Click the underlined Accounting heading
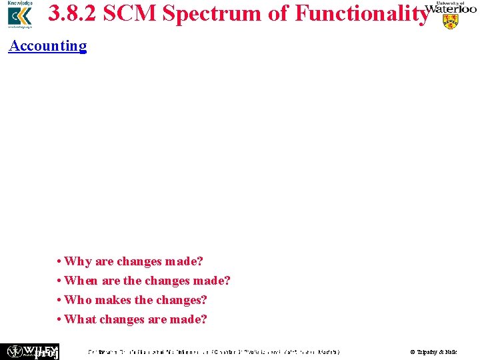tap(47, 45)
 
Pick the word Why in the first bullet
tap(78, 261)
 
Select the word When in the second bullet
tap(81, 281)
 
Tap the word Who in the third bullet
tap(78, 300)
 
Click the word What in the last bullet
tap(81, 319)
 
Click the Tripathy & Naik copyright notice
tap(433, 351)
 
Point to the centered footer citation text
tap(214, 351)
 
